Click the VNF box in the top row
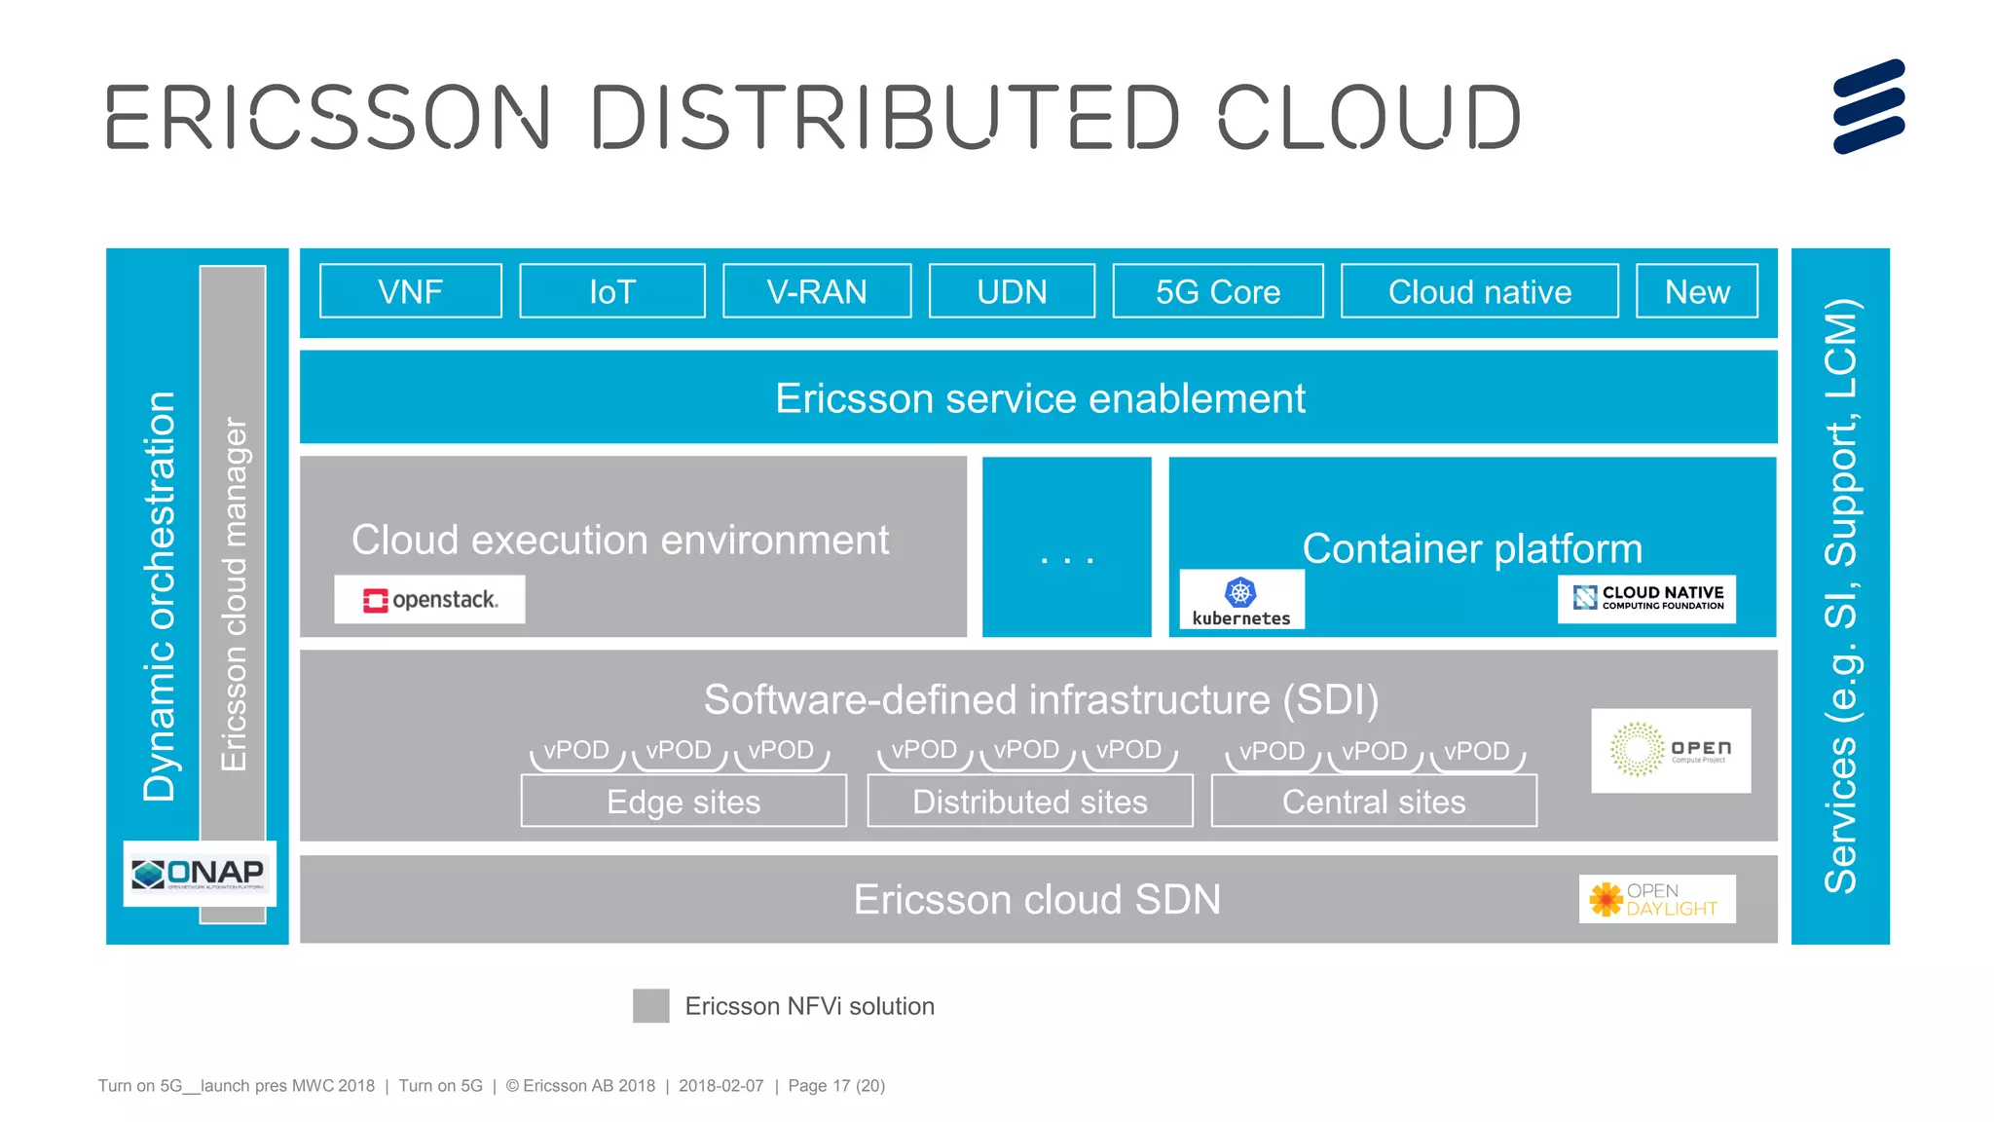tap(410, 291)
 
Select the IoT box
tap(611, 291)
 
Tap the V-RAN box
tap(816, 291)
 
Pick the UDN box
tap(1012, 291)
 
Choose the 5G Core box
tap(1217, 291)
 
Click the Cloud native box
tap(1479, 291)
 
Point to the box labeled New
tap(1696, 291)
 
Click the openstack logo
tap(429, 599)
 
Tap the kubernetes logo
tap(1241, 600)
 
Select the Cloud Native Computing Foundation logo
tap(1646, 598)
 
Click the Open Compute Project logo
tap(1670, 750)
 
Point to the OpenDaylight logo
tap(1656, 899)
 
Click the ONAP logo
tap(200, 873)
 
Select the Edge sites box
tap(683, 802)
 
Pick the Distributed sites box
tap(1029, 802)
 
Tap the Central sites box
tap(1373, 802)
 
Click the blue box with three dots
tap(1066, 547)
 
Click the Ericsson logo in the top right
tap(1867, 106)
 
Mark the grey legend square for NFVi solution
tap(650, 1005)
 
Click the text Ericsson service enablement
tap(1039, 398)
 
